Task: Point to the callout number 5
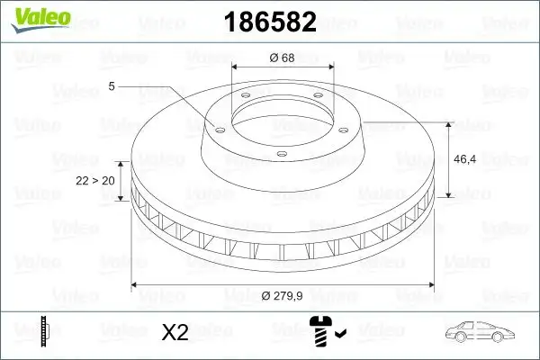point(112,85)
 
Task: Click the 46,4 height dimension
point(466,158)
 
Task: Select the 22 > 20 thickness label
point(95,181)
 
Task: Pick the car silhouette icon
point(482,332)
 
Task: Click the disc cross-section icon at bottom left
point(44,331)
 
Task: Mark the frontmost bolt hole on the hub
point(280,154)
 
